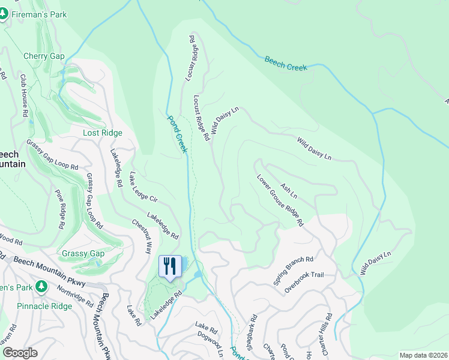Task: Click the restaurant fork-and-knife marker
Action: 169,266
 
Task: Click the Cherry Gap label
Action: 44,56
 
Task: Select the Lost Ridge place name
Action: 103,133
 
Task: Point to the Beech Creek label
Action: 286,64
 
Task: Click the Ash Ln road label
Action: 289,190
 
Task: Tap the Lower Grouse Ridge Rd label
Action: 280,200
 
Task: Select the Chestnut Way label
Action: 142,235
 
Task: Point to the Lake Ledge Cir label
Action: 143,189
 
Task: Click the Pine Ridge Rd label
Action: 60,209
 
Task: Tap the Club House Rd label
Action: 24,96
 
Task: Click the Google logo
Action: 19,353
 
